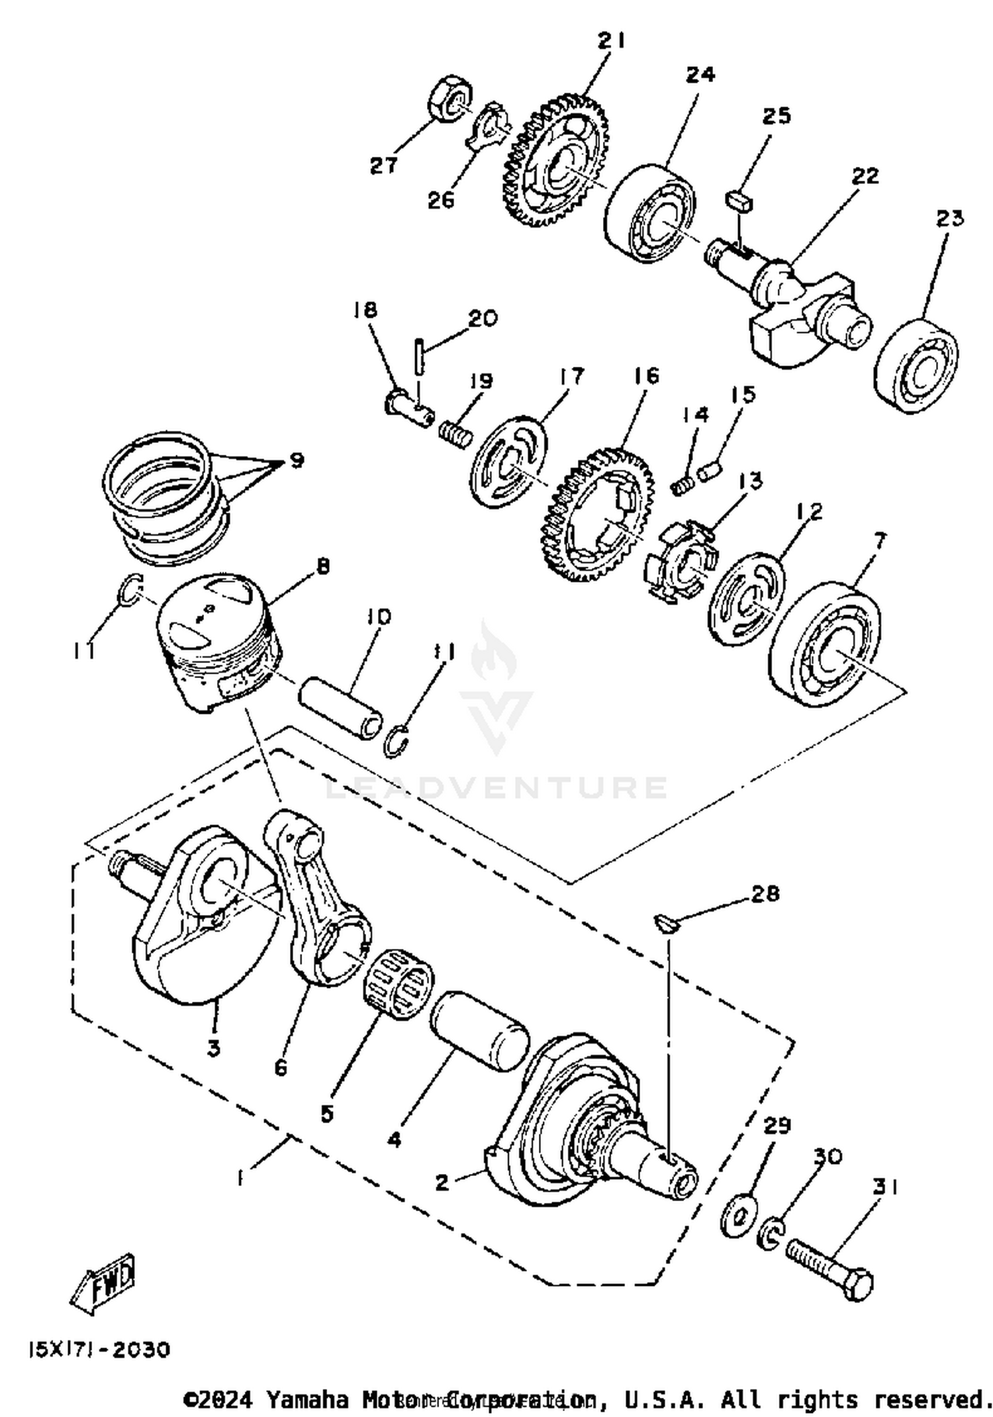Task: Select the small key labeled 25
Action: [x=739, y=199]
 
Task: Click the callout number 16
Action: [x=646, y=375]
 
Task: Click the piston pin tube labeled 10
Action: [x=341, y=708]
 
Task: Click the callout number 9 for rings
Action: [x=297, y=460]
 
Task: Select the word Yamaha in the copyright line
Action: [x=307, y=1399]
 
